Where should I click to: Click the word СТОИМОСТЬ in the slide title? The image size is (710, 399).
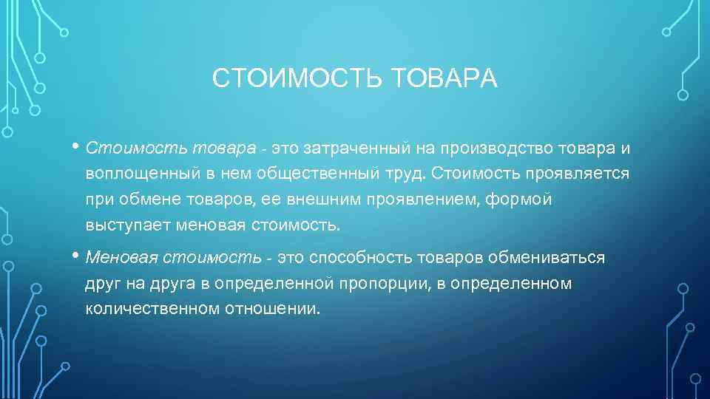coord(296,78)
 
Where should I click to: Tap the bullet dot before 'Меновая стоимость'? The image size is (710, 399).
coord(78,256)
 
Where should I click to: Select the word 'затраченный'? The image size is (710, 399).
coord(356,148)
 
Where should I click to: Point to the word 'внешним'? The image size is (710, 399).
coord(294,199)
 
